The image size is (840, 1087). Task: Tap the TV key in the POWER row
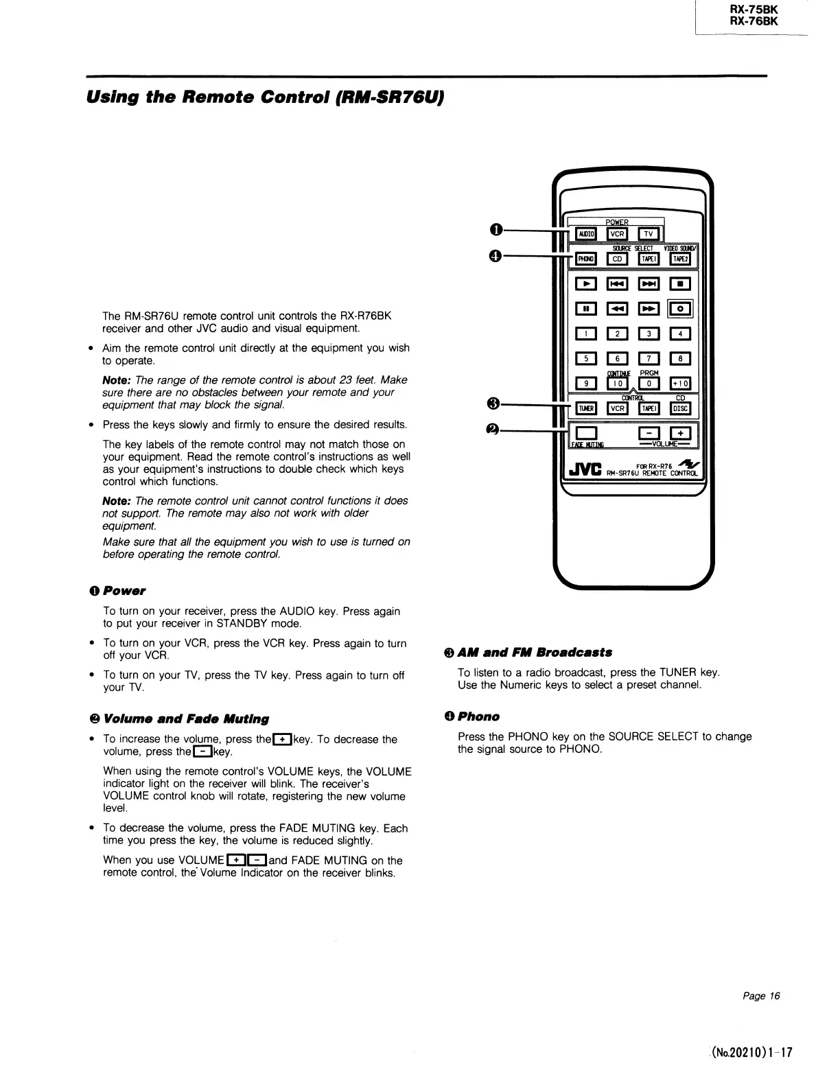click(x=649, y=234)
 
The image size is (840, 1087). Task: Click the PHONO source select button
click(x=585, y=259)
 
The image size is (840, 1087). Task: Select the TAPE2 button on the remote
click(x=680, y=259)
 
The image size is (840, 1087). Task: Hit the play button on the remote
click(x=585, y=283)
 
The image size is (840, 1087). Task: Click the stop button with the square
click(x=680, y=283)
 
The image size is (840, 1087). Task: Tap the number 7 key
click(x=649, y=359)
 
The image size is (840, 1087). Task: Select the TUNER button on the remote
click(x=585, y=409)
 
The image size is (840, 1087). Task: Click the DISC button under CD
click(x=680, y=409)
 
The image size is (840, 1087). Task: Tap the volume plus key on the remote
click(x=680, y=434)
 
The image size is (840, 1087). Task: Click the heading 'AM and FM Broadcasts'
click(x=528, y=653)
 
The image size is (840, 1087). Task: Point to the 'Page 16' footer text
click(x=761, y=996)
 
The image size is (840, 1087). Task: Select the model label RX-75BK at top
click(x=754, y=10)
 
